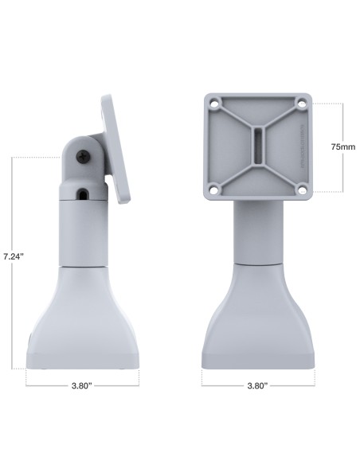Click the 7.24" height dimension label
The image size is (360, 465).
point(13,257)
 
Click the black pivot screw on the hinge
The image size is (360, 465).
point(84,157)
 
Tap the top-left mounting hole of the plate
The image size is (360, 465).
point(213,104)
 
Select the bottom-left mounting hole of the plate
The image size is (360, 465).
point(213,190)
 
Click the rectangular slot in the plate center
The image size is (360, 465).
point(256,147)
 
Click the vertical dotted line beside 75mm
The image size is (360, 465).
point(343,119)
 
